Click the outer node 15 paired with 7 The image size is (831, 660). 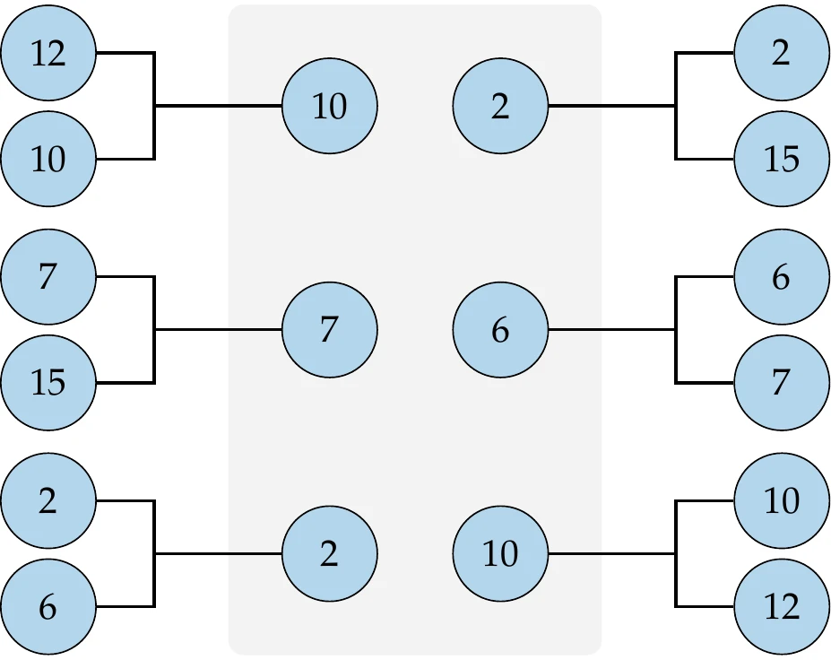pyautogui.click(x=48, y=384)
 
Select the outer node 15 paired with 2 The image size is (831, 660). pyautogui.click(x=781, y=160)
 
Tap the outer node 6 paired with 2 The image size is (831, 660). pyautogui.click(x=48, y=608)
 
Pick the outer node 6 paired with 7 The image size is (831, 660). pyautogui.click(x=781, y=277)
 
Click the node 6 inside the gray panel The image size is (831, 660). pyautogui.click(x=500, y=331)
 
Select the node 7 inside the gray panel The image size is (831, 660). pyautogui.click(x=329, y=331)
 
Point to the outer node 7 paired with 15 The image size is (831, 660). pyautogui.click(x=48, y=277)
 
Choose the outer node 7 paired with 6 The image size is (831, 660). pyautogui.click(x=781, y=384)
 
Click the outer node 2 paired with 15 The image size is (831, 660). pyautogui.click(x=781, y=53)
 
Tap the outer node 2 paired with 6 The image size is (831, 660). pyautogui.click(x=48, y=500)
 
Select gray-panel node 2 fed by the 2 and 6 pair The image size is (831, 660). pyautogui.click(x=329, y=554)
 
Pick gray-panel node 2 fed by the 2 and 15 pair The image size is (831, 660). pyautogui.click(x=500, y=107)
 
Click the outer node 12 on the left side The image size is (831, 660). pyautogui.click(x=48, y=53)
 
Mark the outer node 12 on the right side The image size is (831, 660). pyautogui.click(x=781, y=608)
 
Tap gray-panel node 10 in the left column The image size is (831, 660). pyautogui.click(x=329, y=107)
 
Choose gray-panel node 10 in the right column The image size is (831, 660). pyautogui.click(x=500, y=554)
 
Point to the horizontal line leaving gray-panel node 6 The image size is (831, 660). pyautogui.click(x=610, y=330)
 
